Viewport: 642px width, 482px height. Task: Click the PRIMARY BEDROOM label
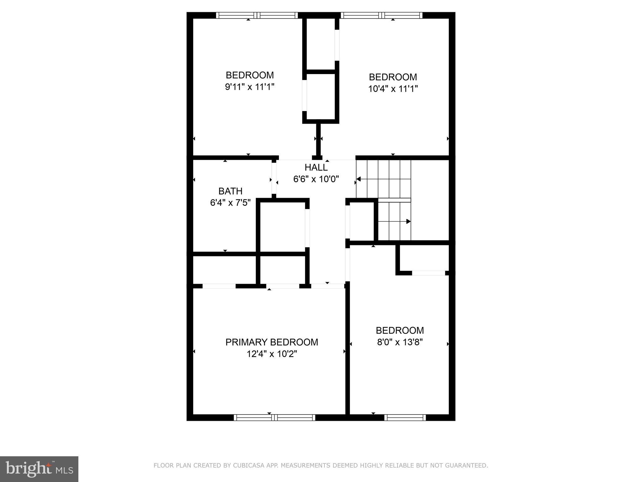point(271,342)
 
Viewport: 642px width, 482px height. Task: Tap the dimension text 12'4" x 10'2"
point(271,354)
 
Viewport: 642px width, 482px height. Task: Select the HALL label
point(316,168)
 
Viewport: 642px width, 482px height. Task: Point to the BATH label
point(230,191)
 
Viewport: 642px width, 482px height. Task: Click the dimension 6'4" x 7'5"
point(230,203)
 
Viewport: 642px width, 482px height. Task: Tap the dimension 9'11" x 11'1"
point(250,87)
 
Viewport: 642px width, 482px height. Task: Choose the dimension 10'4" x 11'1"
point(393,89)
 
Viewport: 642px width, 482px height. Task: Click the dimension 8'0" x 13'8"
point(400,342)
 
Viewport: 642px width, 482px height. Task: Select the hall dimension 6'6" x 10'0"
point(316,179)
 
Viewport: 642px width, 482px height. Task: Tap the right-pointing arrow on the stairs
point(408,221)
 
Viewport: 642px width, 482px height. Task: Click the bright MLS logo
point(39,469)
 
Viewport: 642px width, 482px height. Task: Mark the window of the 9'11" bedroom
point(257,15)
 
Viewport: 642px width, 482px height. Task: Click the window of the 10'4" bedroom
point(382,15)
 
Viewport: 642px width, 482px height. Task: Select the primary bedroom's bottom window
point(274,417)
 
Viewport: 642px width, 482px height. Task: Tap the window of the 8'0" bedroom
point(405,417)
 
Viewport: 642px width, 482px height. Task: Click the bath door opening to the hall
point(274,179)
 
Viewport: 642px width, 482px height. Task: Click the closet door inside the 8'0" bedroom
point(429,273)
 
